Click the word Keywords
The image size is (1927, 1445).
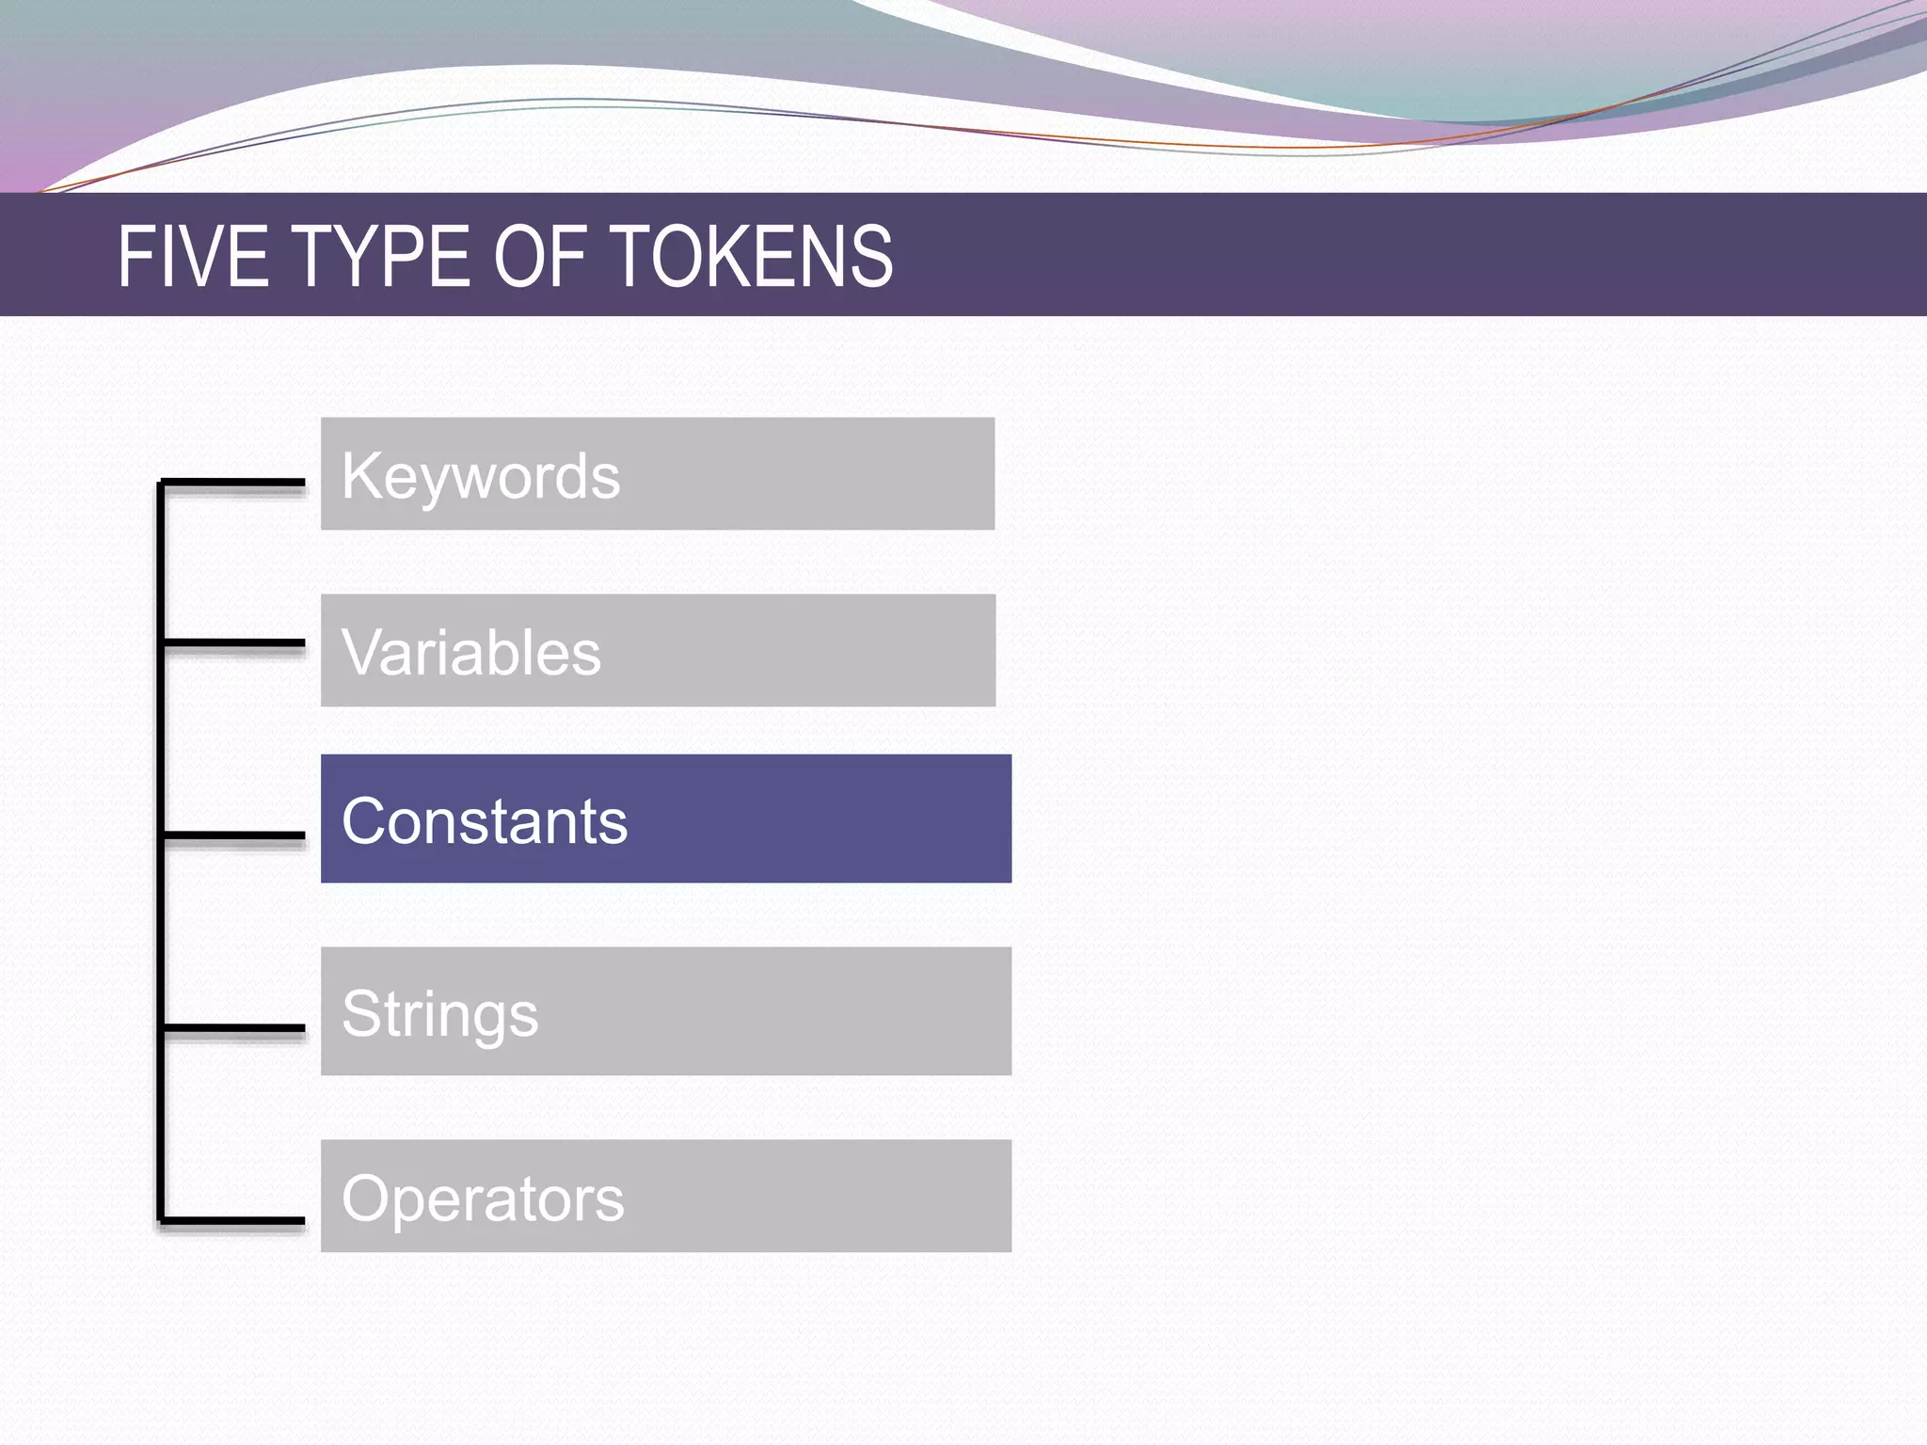coord(481,477)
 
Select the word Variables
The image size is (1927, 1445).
coord(470,653)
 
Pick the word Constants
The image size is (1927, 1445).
coord(484,821)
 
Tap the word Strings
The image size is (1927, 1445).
coord(439,1015)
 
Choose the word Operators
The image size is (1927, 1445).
coord(483,1199)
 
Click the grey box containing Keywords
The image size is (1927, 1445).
coord(800,473)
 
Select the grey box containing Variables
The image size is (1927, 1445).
coord(800,650)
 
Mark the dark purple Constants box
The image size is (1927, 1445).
coord(819,818)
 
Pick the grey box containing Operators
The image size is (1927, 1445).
coord(819,1196)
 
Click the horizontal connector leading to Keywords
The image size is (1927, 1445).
coord(233,483)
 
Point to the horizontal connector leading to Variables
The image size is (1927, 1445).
coord(233,643)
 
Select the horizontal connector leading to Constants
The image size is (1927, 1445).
coord(233,834)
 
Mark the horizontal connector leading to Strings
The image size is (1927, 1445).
coord(233,1027)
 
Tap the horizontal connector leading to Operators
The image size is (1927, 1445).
coord(233,1221)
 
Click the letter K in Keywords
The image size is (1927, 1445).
coord(358,475)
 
